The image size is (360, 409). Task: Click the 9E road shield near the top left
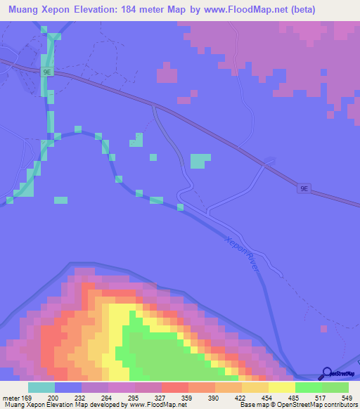click(47, 72)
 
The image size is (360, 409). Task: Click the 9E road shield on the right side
click(304, 188)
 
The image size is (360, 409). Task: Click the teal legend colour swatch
click(41, 387)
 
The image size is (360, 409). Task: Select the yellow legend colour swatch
click(281, 387)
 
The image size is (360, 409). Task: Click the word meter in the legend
click(11, 398)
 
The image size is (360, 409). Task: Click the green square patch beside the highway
click(200, 161)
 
